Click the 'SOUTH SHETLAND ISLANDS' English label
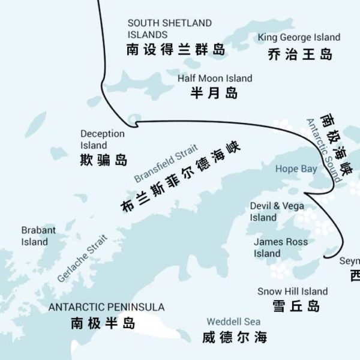coord(169,29)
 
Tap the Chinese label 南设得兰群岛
coord(176,50)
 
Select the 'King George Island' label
coord(299,37)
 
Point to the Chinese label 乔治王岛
coord(299,55)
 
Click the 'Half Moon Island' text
coord(215,78)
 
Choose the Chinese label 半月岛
coord(214,93)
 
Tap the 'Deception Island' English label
coord(103,139)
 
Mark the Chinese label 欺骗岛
coord(104,160)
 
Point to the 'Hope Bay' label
coord(296,169)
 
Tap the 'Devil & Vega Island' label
coord(277,211)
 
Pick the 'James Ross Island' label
coord(281,247)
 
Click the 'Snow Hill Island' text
coord(293,292)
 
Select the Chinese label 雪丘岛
coord(296,307)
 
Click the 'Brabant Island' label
coord(38,236)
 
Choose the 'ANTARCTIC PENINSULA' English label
coord(106,307)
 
